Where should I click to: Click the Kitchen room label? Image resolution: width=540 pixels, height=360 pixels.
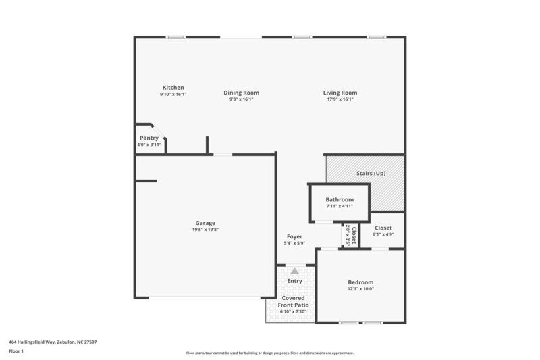(x=173, y=88)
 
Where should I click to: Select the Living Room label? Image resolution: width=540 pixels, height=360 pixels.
(x=340, y=93)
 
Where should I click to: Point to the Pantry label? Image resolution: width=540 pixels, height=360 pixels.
(x=149, y=138)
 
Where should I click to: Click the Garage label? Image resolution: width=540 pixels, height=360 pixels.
(x=205, y=223)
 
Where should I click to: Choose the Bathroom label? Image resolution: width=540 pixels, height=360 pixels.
(x=340, y=199)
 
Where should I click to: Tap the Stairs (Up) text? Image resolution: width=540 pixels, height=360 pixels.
(x=371, y=174)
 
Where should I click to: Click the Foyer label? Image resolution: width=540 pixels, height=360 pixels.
(x=294, y=236)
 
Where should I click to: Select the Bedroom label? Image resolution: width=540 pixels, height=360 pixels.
(x=360, y=282)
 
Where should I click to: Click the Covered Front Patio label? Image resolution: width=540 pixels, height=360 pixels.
(x=294, y=301)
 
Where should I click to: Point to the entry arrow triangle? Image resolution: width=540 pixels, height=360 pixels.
(x=294, y=271)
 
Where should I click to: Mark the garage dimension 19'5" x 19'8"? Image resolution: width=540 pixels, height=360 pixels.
(x=205, y=229)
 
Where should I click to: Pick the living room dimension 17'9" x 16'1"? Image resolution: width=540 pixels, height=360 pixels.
(x=340, y=99)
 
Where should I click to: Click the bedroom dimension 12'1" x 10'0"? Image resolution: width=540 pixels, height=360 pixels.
(x=360, y=289)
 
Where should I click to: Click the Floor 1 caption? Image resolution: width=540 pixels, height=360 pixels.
(x=16, y=351)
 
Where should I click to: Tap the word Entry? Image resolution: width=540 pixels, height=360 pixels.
(x=294, y=281)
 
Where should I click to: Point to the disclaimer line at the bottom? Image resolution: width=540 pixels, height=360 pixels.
(x=270, y=353)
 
